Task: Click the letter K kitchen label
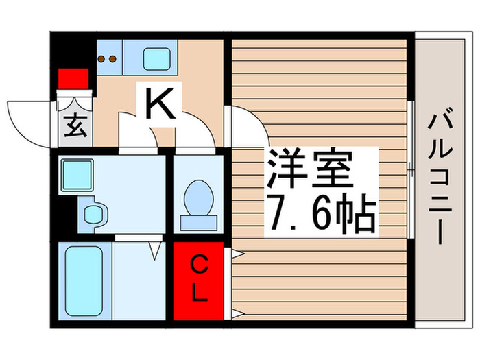pos(162,105)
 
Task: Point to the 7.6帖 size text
pos(317,215)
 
